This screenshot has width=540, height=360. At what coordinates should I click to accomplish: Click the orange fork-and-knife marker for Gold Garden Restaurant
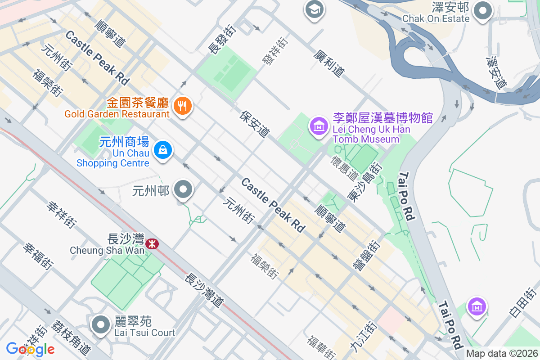[182, 106]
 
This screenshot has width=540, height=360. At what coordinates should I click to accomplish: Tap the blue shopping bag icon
[162, 150]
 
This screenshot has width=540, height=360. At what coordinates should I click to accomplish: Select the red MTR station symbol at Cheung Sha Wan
[152, 244]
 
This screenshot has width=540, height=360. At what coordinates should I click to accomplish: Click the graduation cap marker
[314, 9]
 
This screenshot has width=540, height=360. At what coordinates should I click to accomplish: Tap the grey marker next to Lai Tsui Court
[100, 325]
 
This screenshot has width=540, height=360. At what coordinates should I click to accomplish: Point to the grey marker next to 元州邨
[183, 190]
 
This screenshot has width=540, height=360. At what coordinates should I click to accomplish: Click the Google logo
[30, 349]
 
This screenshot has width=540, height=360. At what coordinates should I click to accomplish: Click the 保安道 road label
[255, 124]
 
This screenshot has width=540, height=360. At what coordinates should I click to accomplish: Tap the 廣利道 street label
[329, 63]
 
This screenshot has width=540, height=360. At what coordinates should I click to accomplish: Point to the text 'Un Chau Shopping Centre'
[112, 158]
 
